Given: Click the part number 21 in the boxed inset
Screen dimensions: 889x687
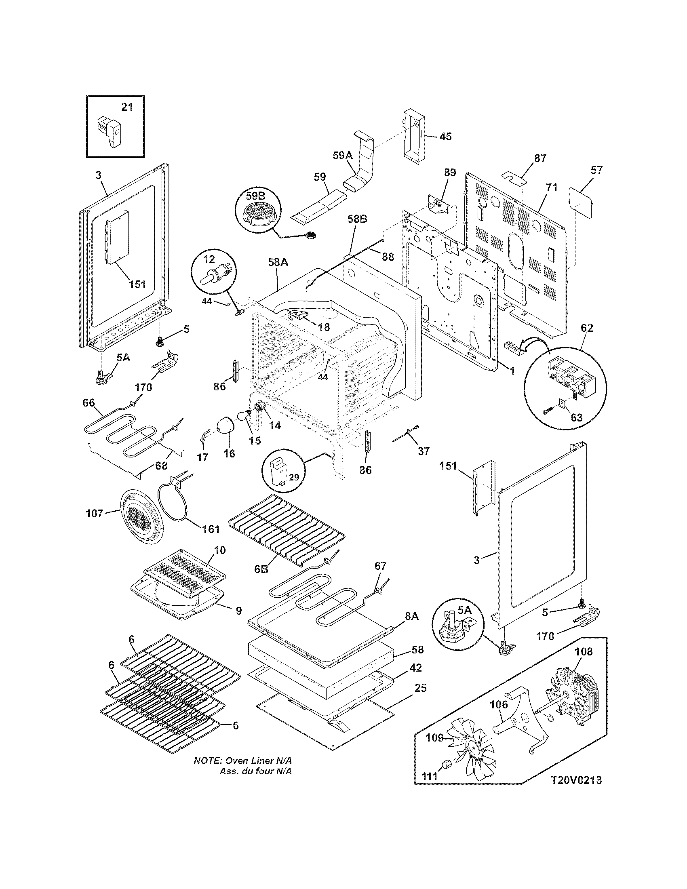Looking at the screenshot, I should (x=127, y=107).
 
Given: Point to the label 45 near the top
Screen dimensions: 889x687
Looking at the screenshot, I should (x=445, y=136).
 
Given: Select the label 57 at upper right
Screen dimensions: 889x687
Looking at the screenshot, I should (x=596, y=170).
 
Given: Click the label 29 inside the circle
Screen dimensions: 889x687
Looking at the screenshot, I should (x=294, y=477).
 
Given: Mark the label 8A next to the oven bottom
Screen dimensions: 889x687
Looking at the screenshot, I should (x=411, y=628).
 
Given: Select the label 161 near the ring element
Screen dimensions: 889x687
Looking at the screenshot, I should (x=211, y=529).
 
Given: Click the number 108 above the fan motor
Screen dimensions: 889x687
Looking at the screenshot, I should (x=584, y=652).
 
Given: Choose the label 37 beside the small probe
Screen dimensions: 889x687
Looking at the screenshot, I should (x=424, y=451).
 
